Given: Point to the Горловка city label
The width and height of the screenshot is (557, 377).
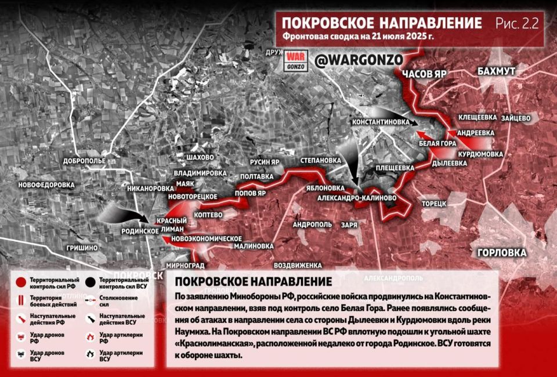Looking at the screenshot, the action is click(502, 253).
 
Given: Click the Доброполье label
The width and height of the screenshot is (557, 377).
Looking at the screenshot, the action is click(85, 160).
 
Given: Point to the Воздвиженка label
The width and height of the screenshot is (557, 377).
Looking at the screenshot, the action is click(297, 265).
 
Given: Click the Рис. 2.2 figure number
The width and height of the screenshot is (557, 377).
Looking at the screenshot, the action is click(517, 24).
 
